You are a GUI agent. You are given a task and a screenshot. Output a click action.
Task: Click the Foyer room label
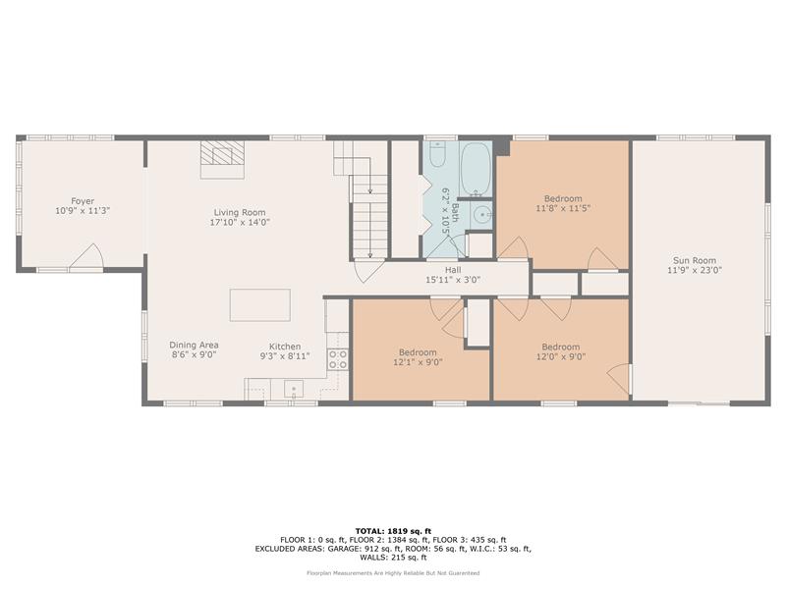[83, 201]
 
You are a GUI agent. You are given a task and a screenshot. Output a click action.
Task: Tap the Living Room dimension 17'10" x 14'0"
[240, 222]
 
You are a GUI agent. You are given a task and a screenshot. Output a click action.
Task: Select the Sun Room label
[695, 260]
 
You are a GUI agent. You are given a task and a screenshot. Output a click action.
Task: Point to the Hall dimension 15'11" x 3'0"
[453, 280]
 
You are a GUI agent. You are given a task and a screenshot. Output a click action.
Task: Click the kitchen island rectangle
[260, 305]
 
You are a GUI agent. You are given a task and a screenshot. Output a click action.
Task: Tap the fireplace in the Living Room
[223, 159]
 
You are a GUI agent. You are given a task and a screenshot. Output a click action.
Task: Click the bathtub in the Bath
[476, 169]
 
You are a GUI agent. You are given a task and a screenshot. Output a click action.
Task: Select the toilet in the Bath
[437, 154]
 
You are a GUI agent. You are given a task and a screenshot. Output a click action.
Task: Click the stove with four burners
[338, 359]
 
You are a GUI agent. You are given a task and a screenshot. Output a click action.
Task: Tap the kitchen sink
[294, 388]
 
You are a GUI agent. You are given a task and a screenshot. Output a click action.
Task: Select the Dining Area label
[194, 346]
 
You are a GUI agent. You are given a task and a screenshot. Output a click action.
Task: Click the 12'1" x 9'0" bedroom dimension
[419, 362]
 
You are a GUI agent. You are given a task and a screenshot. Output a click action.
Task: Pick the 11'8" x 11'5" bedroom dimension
[563, 208]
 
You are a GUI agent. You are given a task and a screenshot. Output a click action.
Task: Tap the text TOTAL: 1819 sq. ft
[393, 531]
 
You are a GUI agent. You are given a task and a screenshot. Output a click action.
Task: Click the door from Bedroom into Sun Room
[620, 379]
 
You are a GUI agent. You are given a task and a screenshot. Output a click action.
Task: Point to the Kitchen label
[285, 347]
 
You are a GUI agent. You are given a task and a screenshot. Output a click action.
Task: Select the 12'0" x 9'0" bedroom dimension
[561, 357]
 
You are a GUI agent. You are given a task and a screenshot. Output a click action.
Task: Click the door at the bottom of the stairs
[365, 271]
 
